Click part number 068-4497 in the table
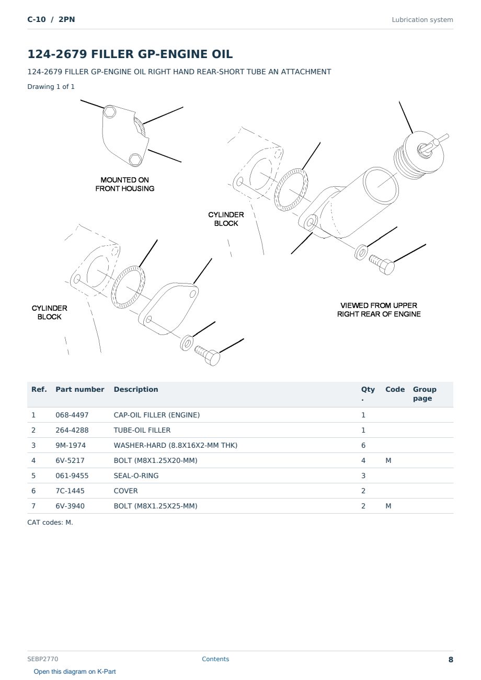point(72,415)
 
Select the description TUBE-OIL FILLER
point(142,430)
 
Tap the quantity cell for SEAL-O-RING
point(363,475)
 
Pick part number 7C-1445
point(70,491)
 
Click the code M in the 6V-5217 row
point(388,460)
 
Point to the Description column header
point(136,390)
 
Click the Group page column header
point(425,394)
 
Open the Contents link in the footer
point(215,659)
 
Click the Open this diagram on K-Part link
point(75,672)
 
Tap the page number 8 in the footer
point(451,660)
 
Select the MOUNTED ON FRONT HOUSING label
point(125,184)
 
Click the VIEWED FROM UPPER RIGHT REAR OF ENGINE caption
point(379,310)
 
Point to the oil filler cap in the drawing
point(420,155)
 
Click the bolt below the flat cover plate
point(208,356)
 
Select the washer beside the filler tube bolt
point(361,252)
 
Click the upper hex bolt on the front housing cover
point(109,112)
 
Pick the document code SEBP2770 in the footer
point(43,659)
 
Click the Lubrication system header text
point(422,20)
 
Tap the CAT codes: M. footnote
point(50,523)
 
